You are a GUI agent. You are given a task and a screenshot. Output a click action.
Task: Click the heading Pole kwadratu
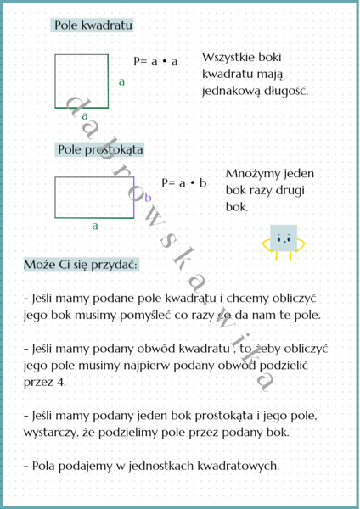(93, 26)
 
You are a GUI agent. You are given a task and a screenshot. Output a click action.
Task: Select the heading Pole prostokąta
(100, 149)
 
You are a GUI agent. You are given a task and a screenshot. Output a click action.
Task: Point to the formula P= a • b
(184, 182)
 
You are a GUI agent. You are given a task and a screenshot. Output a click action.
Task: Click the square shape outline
(82, 81)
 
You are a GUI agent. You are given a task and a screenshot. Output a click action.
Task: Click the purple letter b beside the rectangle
(148, 198)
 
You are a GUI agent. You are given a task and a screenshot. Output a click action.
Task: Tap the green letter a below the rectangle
(95, 226)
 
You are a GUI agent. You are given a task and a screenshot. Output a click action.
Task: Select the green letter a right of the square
(121, 82)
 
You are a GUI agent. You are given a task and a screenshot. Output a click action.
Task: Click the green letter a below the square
(85, 115)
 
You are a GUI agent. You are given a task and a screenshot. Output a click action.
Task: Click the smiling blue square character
(284, 240)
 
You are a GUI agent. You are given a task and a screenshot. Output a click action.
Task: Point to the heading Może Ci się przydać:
(82, 265)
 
